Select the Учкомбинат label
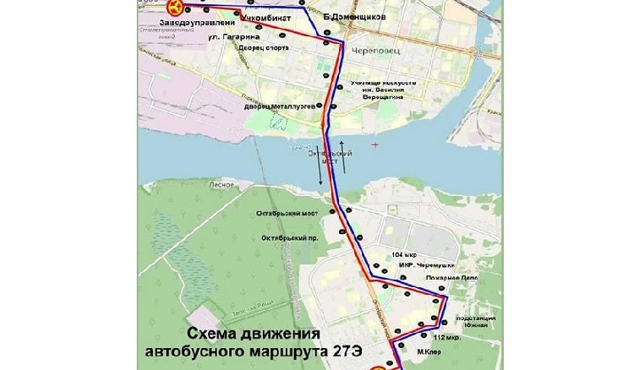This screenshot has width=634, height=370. click(x=265, y=17)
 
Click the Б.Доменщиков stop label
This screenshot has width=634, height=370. click(x=354, y=17)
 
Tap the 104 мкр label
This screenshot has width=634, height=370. click(x=404, y=254)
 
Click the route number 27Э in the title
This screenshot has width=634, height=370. click(x=342, y=349)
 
